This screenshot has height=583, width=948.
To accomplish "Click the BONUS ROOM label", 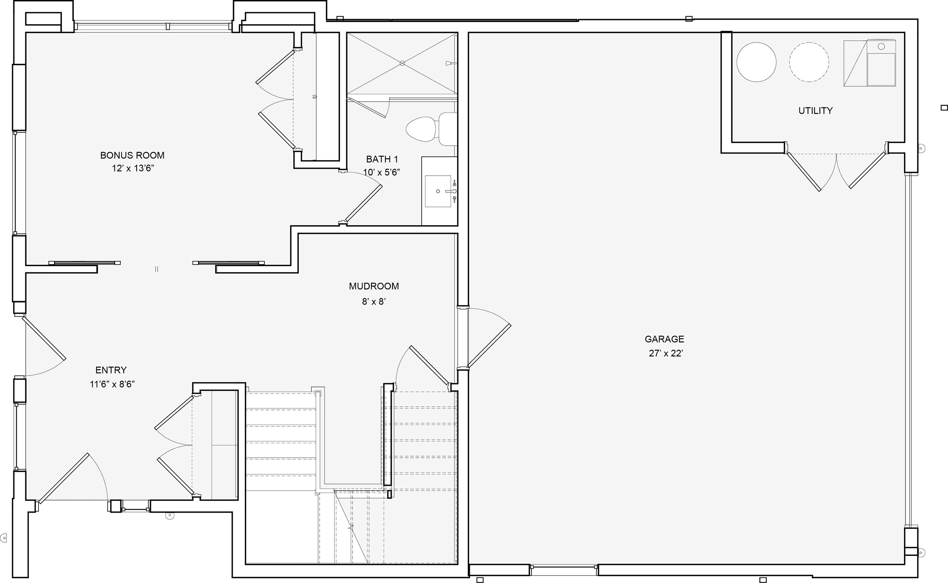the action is [132, 155].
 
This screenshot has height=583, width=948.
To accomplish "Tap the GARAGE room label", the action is [664, 339].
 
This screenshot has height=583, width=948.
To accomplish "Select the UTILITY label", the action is [815, 111].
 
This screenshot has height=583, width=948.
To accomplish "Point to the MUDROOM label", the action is [374, 286].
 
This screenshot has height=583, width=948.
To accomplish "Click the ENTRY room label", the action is [111, 370].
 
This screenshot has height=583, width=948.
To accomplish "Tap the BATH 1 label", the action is [382, 159].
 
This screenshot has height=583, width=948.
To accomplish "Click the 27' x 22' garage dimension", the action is [666, 353].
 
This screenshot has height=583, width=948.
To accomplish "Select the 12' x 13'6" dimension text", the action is [133, 168].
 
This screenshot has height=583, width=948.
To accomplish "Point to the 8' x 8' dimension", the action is [374, 302].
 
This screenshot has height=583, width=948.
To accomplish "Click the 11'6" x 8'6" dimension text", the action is [112, 384].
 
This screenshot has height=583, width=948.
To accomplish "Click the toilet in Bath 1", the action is [431, 129].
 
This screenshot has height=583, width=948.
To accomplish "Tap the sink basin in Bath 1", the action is [438, 191].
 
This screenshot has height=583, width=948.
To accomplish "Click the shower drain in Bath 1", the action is [402, 63].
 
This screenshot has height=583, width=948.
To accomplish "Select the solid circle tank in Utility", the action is [756, 62].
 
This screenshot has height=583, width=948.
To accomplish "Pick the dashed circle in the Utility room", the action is [809, 62].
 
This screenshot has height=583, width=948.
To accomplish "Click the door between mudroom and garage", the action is [489, 345].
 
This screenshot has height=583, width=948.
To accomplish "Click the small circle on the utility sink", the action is [881, 47].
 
